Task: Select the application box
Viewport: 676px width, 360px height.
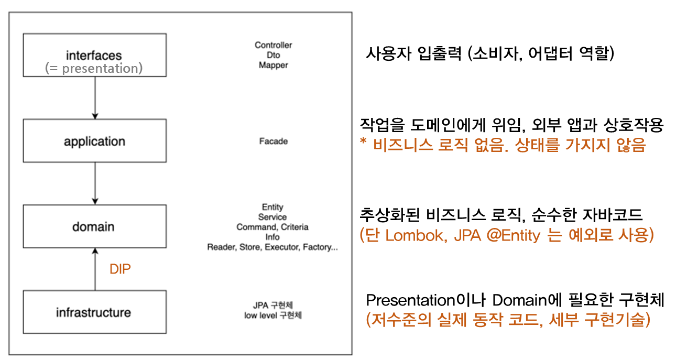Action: [95, 141]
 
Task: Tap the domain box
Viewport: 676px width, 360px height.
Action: [95, 226]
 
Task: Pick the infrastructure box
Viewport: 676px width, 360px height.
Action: [95, 312]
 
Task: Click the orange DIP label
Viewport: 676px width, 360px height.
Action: [120, 269]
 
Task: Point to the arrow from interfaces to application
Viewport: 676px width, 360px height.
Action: [95, 97]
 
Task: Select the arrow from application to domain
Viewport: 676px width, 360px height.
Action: [95, 183]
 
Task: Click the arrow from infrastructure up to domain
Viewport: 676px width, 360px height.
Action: [95, 269]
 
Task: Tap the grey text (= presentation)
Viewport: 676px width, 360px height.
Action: [94, 69]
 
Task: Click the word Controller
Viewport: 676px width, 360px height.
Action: [274, 45]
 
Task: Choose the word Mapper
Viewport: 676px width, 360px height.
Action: [274, 66]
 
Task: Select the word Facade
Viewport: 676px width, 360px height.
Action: [274, 141]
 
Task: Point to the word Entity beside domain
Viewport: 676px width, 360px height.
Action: [272, 208]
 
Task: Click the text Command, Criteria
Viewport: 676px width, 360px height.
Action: [272, 227]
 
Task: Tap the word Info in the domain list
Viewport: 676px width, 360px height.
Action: [272, 237]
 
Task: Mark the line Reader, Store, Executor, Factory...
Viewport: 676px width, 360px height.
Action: [272, 247]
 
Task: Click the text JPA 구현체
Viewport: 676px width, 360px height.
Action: [272, 305]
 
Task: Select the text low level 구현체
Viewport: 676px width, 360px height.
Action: [272, 315]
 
